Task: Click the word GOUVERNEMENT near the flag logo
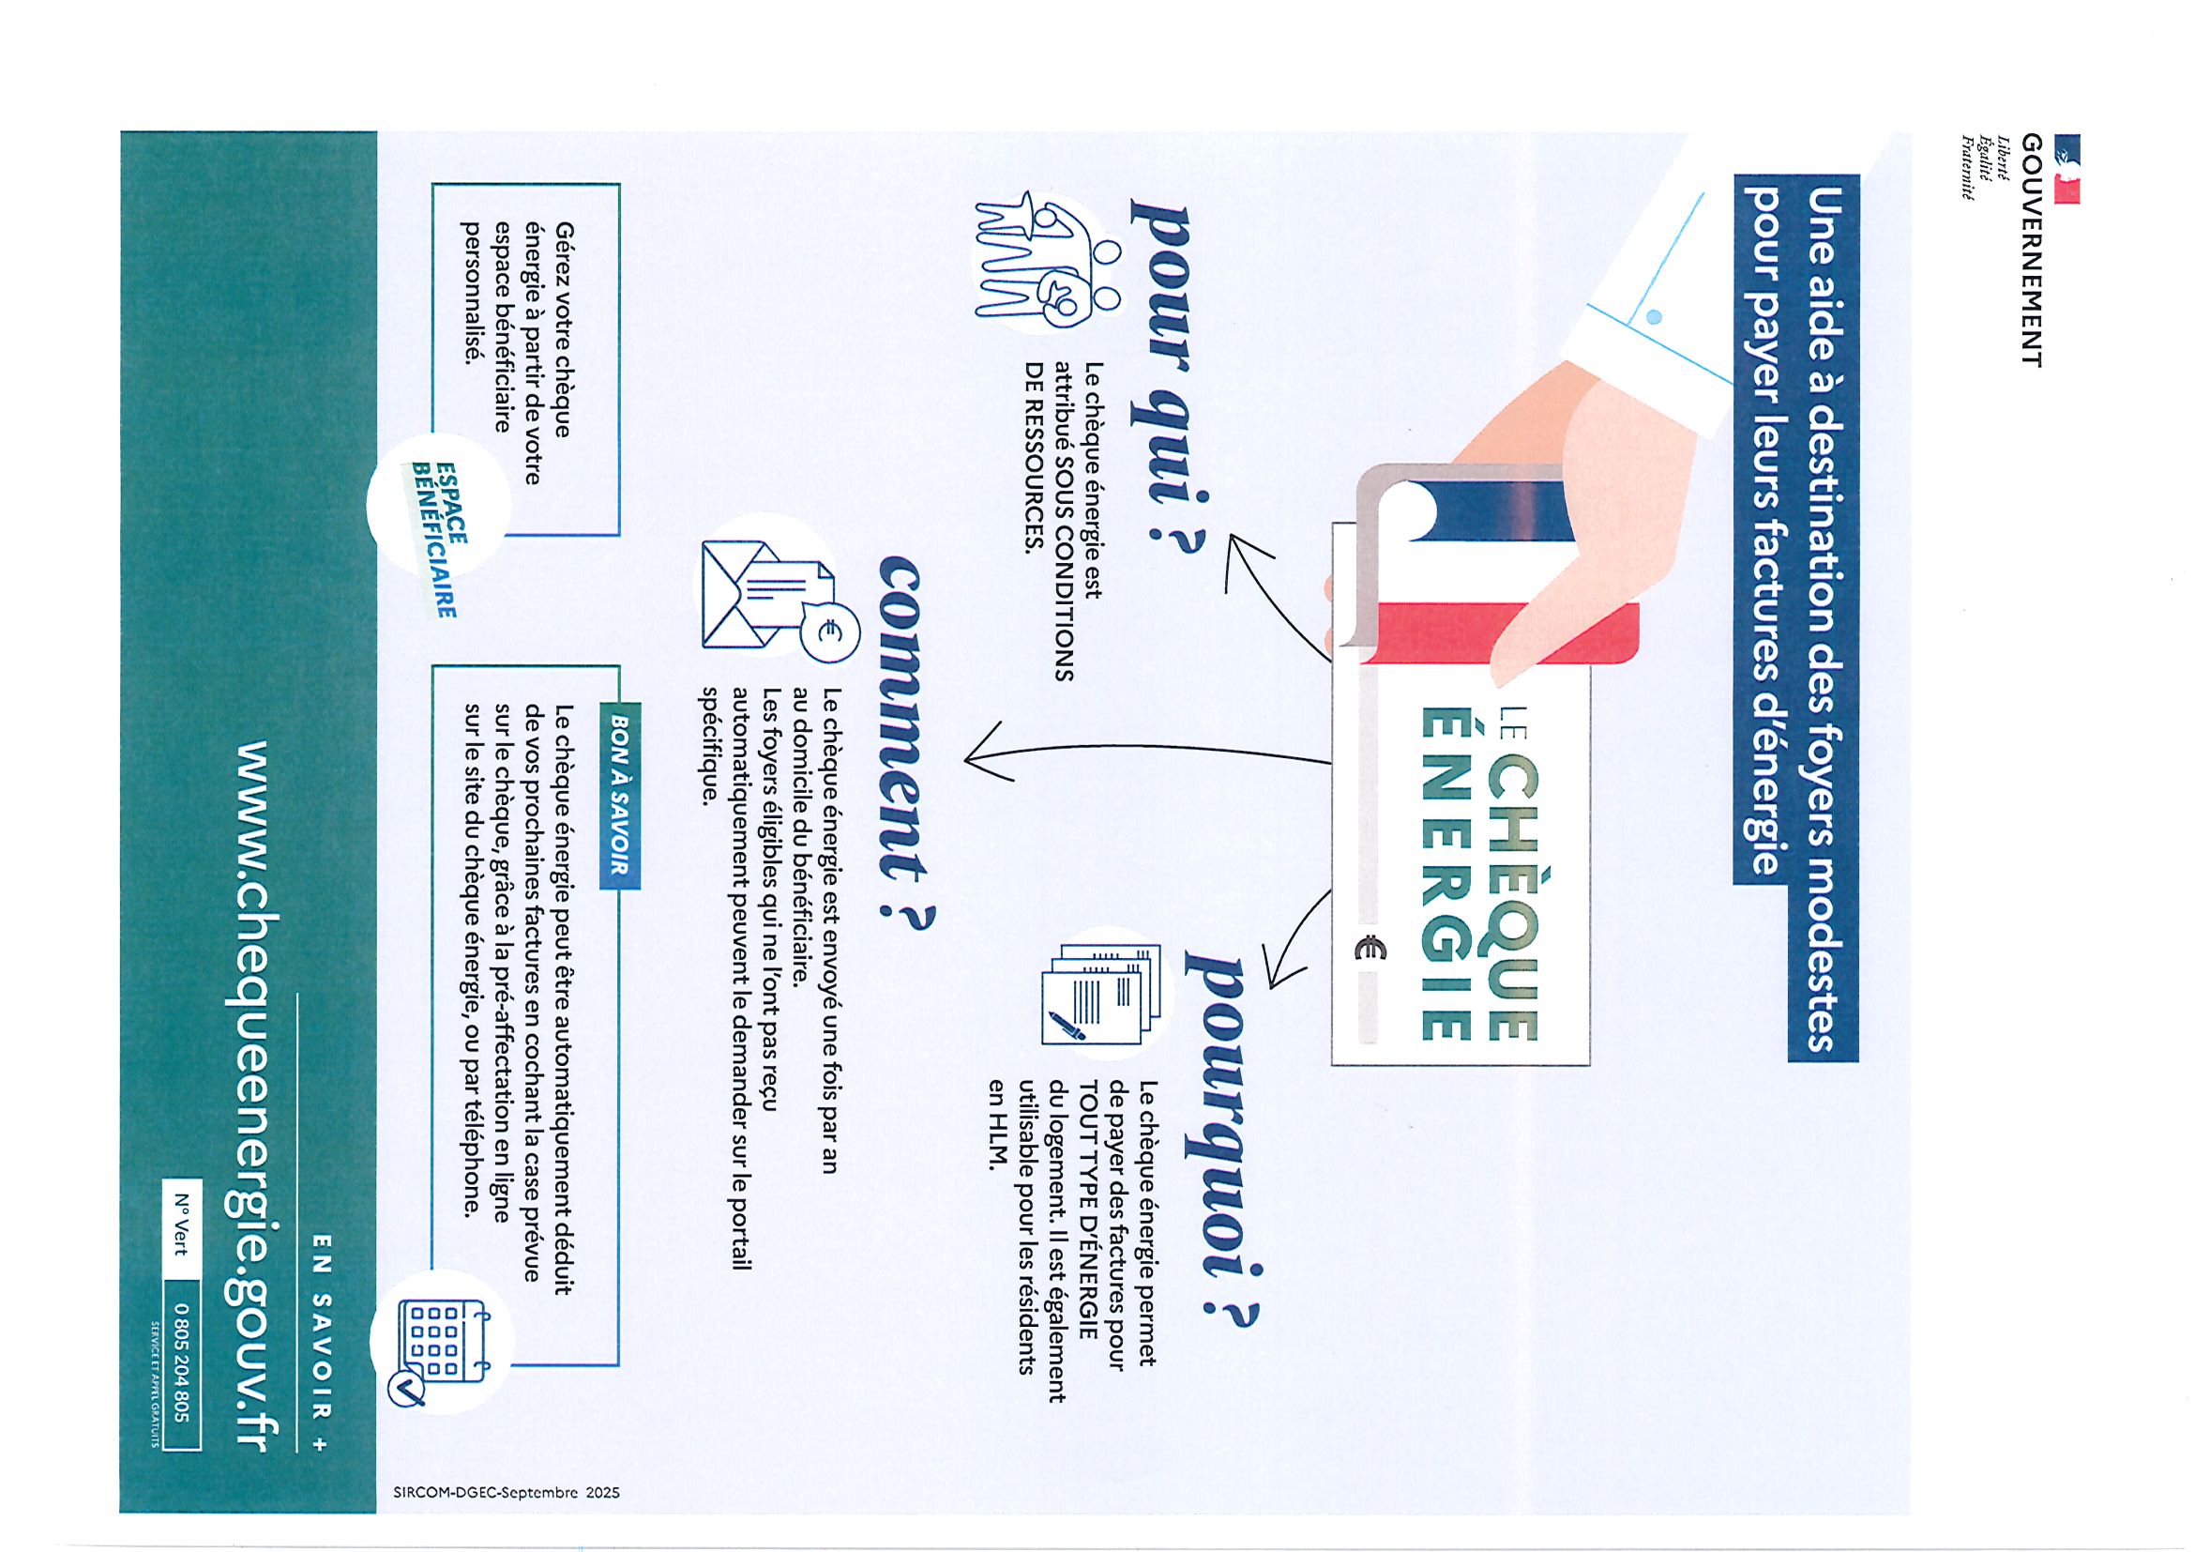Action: [2032, 250]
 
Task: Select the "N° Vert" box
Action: [182, 1223]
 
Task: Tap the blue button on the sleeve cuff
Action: [1655, 316]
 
